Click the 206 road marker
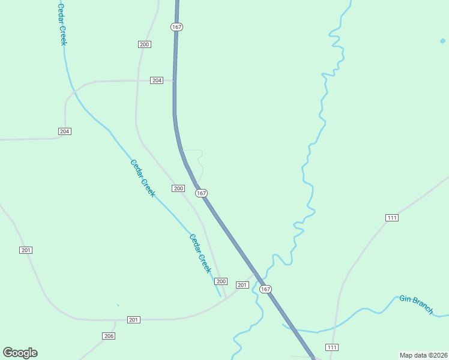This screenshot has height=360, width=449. point(108,336)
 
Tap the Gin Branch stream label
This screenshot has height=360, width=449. point(417,304)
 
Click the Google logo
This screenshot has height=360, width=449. point(20,353)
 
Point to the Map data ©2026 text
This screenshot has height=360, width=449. point(423,355)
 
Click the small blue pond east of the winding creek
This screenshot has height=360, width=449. point(442,41)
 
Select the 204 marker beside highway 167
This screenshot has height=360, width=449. point(157,80)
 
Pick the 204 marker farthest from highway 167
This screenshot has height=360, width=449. point(65,131)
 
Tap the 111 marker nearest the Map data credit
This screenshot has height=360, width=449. point(332,347)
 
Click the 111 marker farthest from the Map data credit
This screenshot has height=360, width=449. point(392,217)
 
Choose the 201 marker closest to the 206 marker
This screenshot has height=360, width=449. point(134,320)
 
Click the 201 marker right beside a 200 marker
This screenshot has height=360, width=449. point(242,285)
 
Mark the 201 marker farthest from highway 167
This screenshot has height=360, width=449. point(25,250)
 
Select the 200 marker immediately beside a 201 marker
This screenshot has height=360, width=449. point(221,281)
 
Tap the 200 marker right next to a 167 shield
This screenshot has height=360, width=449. point(178,188)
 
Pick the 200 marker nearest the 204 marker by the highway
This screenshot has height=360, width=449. point(144,44)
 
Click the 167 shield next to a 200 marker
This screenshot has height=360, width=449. point(201,193)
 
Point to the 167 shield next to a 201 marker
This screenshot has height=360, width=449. point(266,289)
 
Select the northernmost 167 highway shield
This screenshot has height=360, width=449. point(176,28)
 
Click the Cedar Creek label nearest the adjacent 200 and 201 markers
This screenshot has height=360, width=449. point(200,253)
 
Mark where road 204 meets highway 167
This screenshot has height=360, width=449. point(174,80)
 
